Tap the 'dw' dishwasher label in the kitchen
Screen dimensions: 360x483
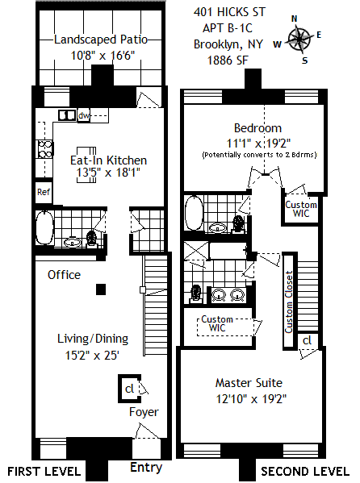point(83,115)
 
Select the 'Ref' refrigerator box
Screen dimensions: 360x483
point(44,192)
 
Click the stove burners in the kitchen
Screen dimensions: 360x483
point(44,149)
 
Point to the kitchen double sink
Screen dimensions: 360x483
point(67,115)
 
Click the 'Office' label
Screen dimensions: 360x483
point(64,275)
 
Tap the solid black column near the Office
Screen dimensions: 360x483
point(101,289)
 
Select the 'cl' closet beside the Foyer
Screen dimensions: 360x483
point(130,389)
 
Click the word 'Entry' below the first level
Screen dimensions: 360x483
point(146,468)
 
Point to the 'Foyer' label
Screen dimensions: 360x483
point(144,412)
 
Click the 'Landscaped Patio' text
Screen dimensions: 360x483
point(101,40)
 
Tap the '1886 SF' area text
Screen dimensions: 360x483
point(228,60)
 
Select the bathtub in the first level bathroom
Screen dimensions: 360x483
point(44,227)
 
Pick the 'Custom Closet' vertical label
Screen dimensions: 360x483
point(289,302)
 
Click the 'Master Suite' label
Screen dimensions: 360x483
point(249,383)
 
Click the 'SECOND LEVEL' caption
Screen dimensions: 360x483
point(305,472)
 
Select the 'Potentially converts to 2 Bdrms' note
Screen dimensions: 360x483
point(259,155)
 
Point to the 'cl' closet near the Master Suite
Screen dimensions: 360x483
point(308,341)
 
